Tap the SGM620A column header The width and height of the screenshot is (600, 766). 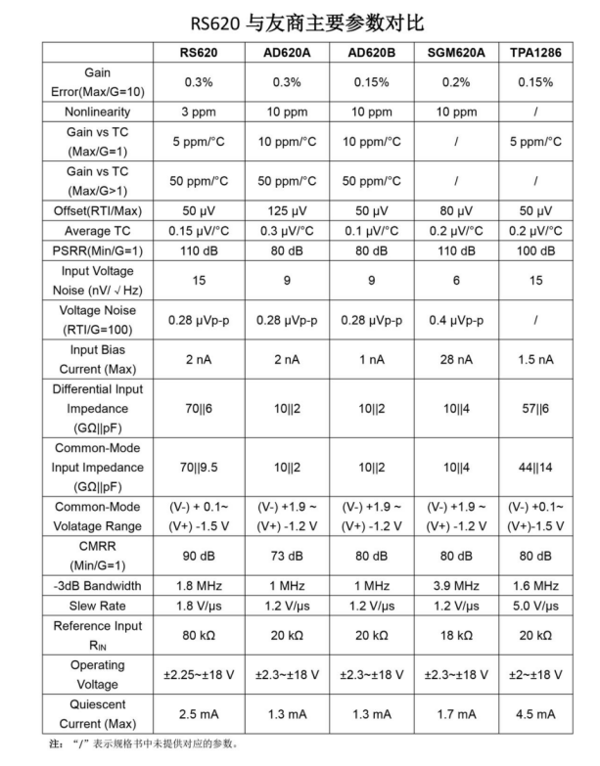coord(458,52)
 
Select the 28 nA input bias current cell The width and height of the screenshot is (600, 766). coord(458,359)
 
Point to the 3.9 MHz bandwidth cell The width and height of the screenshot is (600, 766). coord(458,586)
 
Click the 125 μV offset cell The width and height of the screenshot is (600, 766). coord(287,210)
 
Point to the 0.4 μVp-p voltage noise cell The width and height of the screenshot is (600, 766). coord(458,320)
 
